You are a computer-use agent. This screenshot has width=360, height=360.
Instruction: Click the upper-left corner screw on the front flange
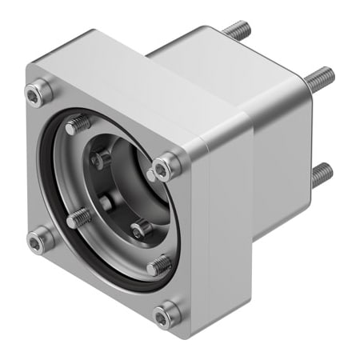pos(34,95)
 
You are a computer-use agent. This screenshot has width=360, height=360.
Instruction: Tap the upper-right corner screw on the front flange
pos(166,166)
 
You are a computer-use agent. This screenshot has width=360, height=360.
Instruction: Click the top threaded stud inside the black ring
pos(78,125)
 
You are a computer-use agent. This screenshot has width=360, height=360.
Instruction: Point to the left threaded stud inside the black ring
pos(78,217)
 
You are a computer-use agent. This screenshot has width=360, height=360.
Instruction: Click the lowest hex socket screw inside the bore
pos(141,230)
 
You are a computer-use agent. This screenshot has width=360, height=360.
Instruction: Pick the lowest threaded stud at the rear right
pos(322,174)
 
